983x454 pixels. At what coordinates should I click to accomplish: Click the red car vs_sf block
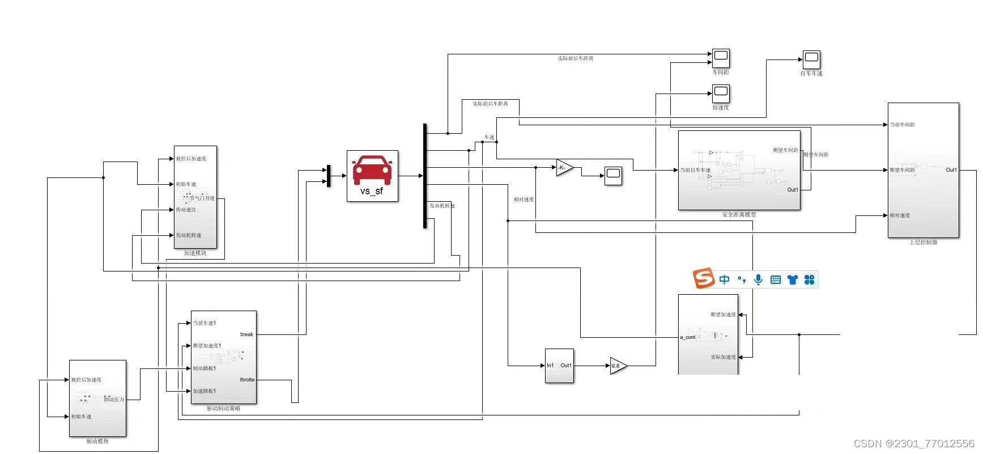pyautogui.click(x=372, y=176)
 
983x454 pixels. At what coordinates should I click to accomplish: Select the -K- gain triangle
pyautogui.click(x=564, y=168)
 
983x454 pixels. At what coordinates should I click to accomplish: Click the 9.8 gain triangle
pyautogui.click(x=618, y=366)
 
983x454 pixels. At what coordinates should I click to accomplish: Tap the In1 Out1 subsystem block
pyautogui.click(x=559, y=366)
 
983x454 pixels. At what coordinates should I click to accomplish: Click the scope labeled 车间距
pyautogui.click(x=721, y=58)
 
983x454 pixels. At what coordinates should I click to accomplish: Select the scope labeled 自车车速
pyautogui.click(x=811, y=59)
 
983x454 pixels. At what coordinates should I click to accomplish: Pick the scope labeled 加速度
pyautogui.click(x=721, y=93)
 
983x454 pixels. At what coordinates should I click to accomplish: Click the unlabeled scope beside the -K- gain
pyautogui.click(x=613, y=176)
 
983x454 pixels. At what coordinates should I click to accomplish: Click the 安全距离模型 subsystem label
pyautogui.click(x=739, y=215)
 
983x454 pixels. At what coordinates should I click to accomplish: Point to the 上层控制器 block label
pyautogui.click(x=923, y=242)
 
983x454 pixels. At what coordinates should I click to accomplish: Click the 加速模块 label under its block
pyautogui.click(x=195, y=253)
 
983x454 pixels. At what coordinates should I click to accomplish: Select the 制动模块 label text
pyautogui.click(x=97, y=441)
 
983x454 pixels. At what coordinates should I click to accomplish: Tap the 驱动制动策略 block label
pyautogui.click(x=223, y=408)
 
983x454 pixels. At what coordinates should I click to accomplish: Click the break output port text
pyautogui.click(x=246, y=334)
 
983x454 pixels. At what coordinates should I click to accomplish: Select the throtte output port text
pyautogui.click(x=247, y=380)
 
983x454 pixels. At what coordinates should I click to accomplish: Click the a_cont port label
pyautogui.click(x=688, y=337)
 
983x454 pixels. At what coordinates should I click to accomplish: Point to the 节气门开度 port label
pyautogui.click(x=202, y=198)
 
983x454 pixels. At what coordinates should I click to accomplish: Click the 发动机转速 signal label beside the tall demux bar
pyautogui.click(x=442, y=206)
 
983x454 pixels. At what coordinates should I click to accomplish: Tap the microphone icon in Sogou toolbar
pyautogui.click(x=758, y=279)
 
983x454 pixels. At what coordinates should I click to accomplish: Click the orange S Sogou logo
pyautogui.click(x=704, y=278)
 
